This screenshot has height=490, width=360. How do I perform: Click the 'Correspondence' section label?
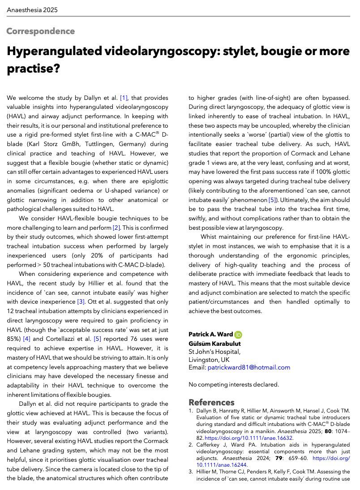[x=40, y=31]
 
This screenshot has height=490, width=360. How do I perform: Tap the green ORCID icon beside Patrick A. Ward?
[x=238, y=335]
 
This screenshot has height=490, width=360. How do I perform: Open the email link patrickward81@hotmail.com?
[x=249, y=367]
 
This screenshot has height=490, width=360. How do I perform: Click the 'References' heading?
[x=211, y=402]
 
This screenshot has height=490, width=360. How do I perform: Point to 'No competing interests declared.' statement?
[x=234, y=384]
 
